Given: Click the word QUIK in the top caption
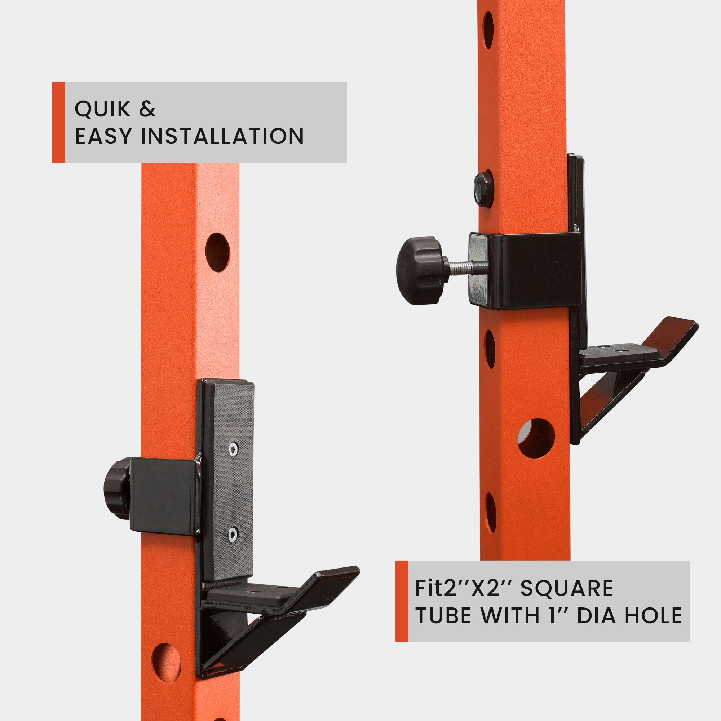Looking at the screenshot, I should (x=103, y=109).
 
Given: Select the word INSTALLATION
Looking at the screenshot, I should (x=222, y=136).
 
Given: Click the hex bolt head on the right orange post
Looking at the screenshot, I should (x=484, y=189).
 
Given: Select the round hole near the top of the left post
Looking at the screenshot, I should (x=217, y=252).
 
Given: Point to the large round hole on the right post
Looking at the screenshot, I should (x=536, y=438).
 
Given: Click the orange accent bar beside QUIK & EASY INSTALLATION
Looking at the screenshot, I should (x=59, y=123).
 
